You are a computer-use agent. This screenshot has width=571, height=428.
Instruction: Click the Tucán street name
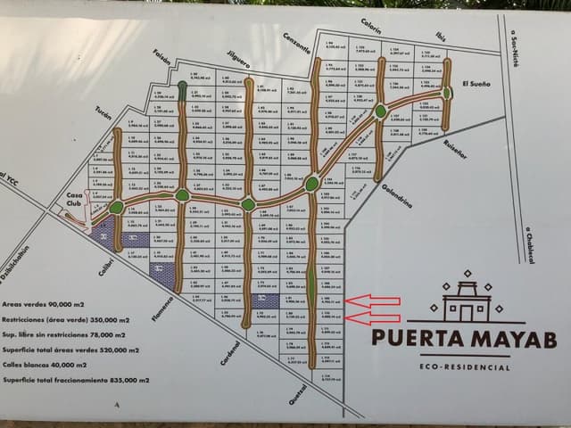click(105, 116)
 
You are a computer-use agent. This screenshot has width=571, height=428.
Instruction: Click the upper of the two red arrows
click(372, 301)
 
